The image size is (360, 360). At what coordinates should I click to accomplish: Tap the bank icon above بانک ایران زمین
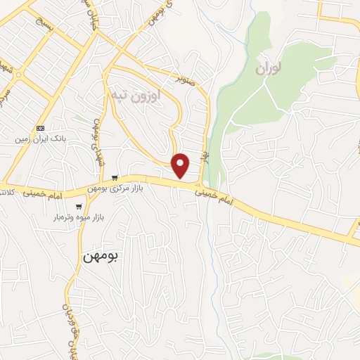click(40, 129)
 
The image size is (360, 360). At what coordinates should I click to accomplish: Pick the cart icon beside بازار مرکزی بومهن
click(115, 178)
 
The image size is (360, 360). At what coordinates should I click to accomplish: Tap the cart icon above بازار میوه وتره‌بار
click(79, 207)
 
